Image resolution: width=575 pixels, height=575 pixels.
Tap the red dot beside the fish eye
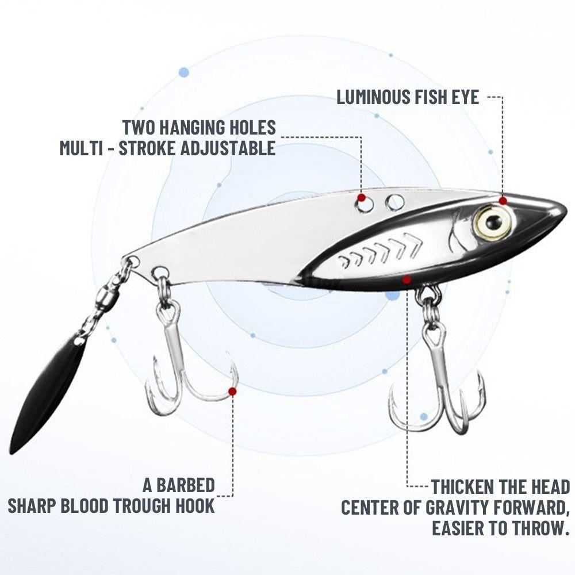click(x=503, y=200)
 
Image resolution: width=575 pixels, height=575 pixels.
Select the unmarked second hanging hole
click(x=394, y=201)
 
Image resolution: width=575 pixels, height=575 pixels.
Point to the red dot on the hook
click(x=232, y=392)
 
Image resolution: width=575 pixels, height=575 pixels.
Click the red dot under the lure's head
click(x=407, y=280)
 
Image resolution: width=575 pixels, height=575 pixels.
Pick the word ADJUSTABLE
click(x=228, y=148)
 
